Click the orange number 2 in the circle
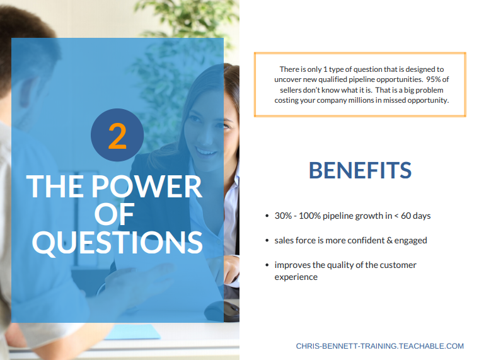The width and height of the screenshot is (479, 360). pyautogui.click(x=117, y=136)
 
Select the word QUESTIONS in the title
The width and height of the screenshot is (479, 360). pyautogui.click(x=117, y=243)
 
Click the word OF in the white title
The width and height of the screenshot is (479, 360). pyautogui.click(x=114, y=214)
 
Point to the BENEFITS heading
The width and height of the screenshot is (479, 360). pyautogui.click(x=360, y=170)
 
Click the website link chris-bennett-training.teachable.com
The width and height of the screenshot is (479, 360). pyautogui.click(x=379, y=346)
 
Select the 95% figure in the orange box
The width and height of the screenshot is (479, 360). pyautogui.click(x=433, y=79)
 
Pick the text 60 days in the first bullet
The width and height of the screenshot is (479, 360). pyautogui.click(x=415, y=216)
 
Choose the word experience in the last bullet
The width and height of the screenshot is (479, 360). pyautogui.click(x=296, y=277)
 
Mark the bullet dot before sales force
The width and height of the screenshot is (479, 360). pyautogui.click(x=267, y=241)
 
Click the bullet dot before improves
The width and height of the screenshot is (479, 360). pyautogui.click(x=267, y=265)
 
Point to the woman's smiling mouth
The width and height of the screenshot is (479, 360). pyautogui.click(x=206, y=151)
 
